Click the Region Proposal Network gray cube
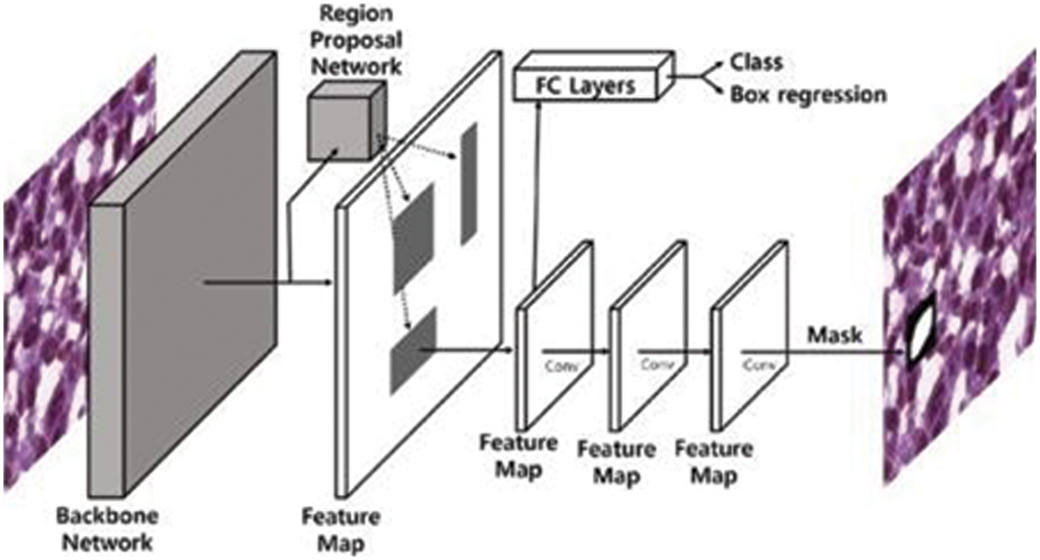click(340, 124)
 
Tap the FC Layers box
click(586, 87)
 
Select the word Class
click(756, 62)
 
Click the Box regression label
click(808, 94)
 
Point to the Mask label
click(834, 335)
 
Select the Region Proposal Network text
click(356, 40)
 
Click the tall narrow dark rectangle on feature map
click(469, 184)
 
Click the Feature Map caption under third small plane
click(714, 462)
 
